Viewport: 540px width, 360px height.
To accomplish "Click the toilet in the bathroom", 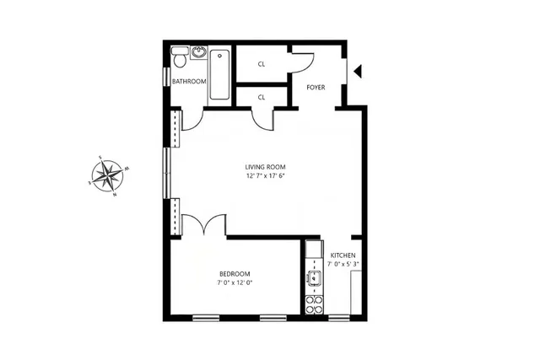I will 179,60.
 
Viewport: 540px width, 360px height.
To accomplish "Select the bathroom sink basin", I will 198,53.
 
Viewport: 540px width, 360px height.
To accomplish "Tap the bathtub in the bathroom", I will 219,75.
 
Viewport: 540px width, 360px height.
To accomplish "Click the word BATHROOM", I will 188,82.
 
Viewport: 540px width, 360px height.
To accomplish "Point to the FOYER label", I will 316,87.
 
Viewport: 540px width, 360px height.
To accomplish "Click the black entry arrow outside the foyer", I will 358,73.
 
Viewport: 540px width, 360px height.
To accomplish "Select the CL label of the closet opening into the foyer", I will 262,64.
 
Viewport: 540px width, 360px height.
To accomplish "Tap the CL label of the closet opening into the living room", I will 262,97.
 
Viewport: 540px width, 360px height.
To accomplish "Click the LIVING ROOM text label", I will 266,167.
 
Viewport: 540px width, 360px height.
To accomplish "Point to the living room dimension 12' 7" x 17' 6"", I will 266,176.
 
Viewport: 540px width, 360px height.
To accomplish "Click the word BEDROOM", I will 235,273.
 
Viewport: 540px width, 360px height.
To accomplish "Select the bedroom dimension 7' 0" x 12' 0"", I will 235,282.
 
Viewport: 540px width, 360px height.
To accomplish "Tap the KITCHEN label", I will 343,255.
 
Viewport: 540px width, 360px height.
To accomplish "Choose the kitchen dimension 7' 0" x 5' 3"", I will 343,265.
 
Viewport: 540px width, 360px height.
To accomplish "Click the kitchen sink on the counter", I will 313,277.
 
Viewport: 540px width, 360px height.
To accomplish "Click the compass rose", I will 107,176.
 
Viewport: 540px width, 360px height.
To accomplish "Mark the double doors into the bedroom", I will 205,226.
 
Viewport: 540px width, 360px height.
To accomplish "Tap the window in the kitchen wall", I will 339,317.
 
